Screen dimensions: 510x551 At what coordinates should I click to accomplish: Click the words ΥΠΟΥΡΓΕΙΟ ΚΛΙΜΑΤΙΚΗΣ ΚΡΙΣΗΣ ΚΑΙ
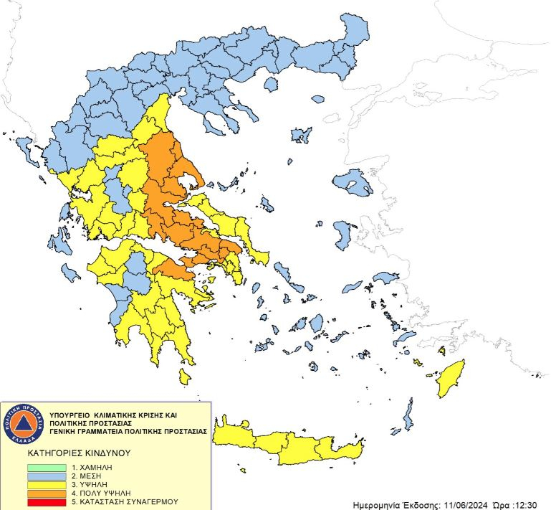(x=112, y=415)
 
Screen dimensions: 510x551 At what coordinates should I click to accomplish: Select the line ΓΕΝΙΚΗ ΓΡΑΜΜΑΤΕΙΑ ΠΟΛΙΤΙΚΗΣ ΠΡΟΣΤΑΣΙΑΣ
(x=129, y=432)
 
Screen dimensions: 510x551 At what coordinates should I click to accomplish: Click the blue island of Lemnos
(x=301, y=135)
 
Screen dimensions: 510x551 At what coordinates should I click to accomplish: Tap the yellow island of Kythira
(x=186, y=377)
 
